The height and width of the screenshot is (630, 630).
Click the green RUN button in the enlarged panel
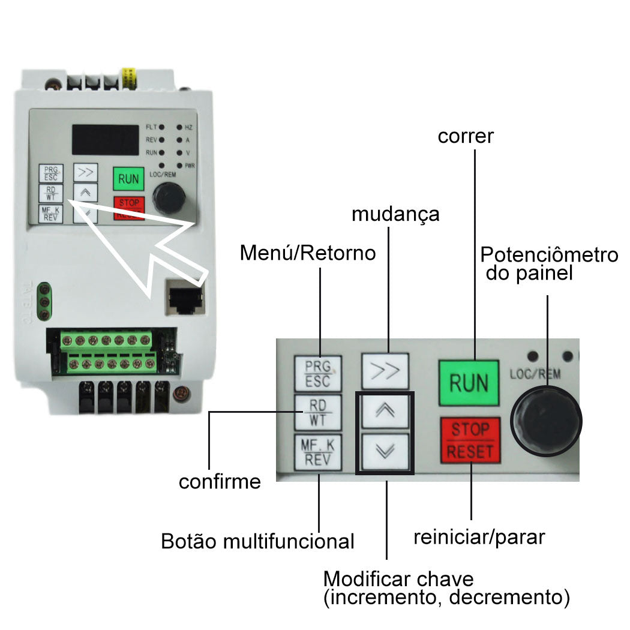469,382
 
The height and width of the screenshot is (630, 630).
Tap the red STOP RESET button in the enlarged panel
470,440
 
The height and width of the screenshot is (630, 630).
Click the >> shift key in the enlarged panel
385,370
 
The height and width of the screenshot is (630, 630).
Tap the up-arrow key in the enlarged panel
385,410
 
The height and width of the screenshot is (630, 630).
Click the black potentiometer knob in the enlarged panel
546,420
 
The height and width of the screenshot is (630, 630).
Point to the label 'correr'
466,136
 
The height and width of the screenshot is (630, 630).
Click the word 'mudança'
395,214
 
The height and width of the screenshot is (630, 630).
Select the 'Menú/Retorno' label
308,253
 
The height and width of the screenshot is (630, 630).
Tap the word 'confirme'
220,481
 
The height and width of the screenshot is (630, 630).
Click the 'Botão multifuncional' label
258,541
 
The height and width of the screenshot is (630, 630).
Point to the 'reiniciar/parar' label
479,536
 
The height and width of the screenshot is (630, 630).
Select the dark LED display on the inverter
106,139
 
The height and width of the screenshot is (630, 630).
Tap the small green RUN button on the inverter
128,178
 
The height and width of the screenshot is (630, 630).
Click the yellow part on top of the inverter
128,77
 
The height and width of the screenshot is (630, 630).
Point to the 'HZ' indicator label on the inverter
188,128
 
